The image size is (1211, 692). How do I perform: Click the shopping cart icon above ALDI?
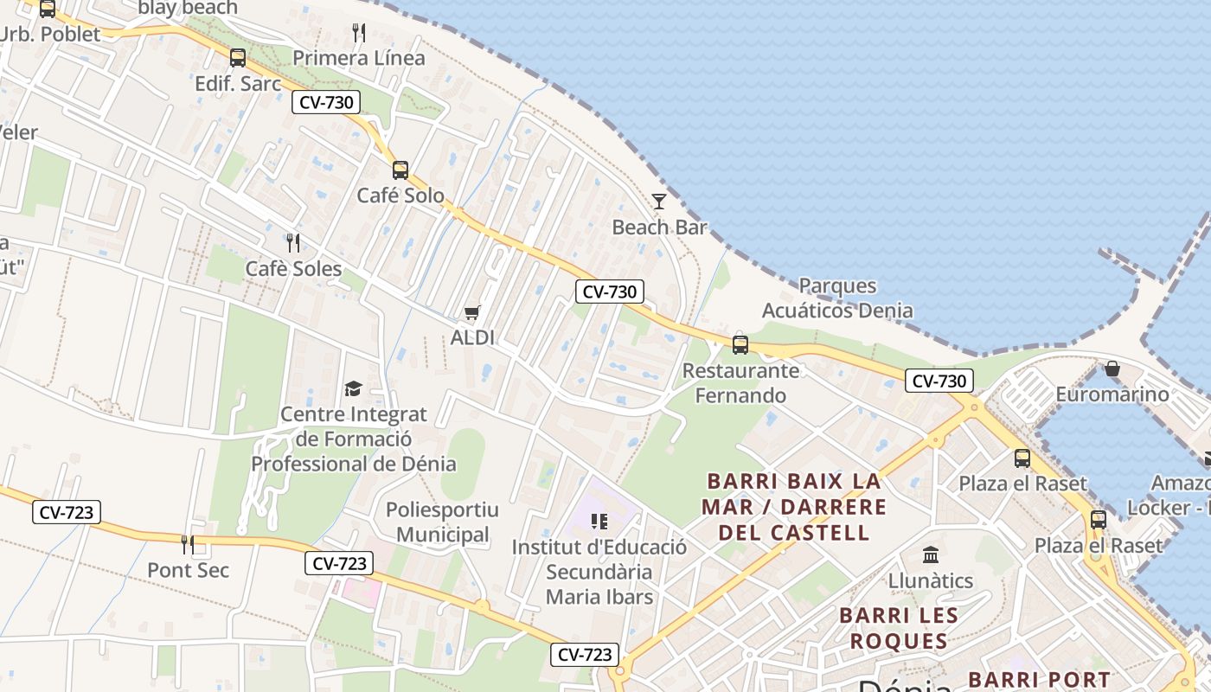click(471, 312)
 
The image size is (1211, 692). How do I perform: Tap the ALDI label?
click(472, 337)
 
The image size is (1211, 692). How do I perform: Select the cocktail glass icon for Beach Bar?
click(659, 202)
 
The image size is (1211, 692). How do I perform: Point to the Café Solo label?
click(400, 195)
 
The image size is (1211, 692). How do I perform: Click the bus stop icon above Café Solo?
click(400, 170)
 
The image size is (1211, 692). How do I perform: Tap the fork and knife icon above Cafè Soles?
click(293, 242)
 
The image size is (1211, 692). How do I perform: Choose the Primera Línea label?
click(359, 58)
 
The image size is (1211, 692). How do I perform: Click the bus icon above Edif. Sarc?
click(238, 58)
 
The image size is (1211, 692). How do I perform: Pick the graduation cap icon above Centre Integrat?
click(353, 388)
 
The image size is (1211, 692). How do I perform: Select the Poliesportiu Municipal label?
click(438, 522)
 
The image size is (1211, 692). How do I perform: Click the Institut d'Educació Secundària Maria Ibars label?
click(599, 572)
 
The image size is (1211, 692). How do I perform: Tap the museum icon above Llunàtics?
click(931, 554)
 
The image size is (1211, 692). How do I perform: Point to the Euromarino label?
click(1112, 394)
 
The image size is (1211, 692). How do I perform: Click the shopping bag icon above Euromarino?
click(1112, 369)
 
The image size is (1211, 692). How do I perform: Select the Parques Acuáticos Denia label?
click(837, 298)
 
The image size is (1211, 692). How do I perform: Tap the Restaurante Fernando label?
click(741, 383)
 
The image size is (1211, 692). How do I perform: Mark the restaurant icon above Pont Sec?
click(188, 544)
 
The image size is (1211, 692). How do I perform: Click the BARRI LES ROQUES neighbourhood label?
click(899, 628)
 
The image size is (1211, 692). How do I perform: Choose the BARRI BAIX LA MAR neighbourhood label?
click(793, 506)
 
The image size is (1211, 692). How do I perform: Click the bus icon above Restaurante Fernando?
click(740, 344)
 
